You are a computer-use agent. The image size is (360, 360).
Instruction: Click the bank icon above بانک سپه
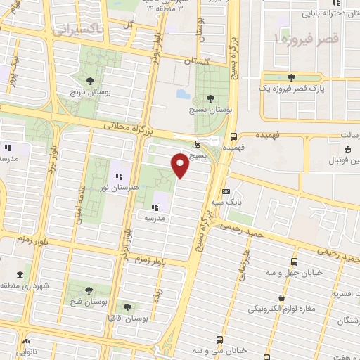point(226,191)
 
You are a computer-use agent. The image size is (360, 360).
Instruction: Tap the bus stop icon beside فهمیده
point(233,137)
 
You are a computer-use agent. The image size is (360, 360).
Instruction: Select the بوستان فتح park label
point(89,301)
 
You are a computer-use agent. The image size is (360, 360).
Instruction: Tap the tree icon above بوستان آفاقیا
point(127,307)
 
